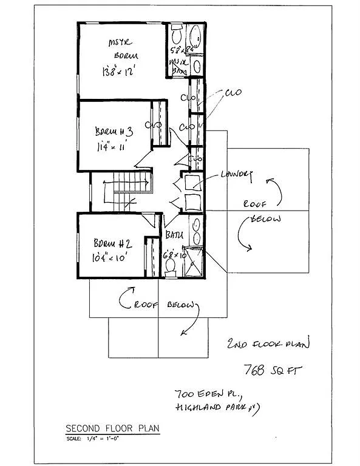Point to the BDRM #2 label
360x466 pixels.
[x=114, y=243]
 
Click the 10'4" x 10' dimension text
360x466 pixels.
[x=112, y=257]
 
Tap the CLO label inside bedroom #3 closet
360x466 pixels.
[x=155, y=125]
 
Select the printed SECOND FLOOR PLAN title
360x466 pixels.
[x=112, y=428]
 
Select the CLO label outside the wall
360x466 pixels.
[x=233, y=93]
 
